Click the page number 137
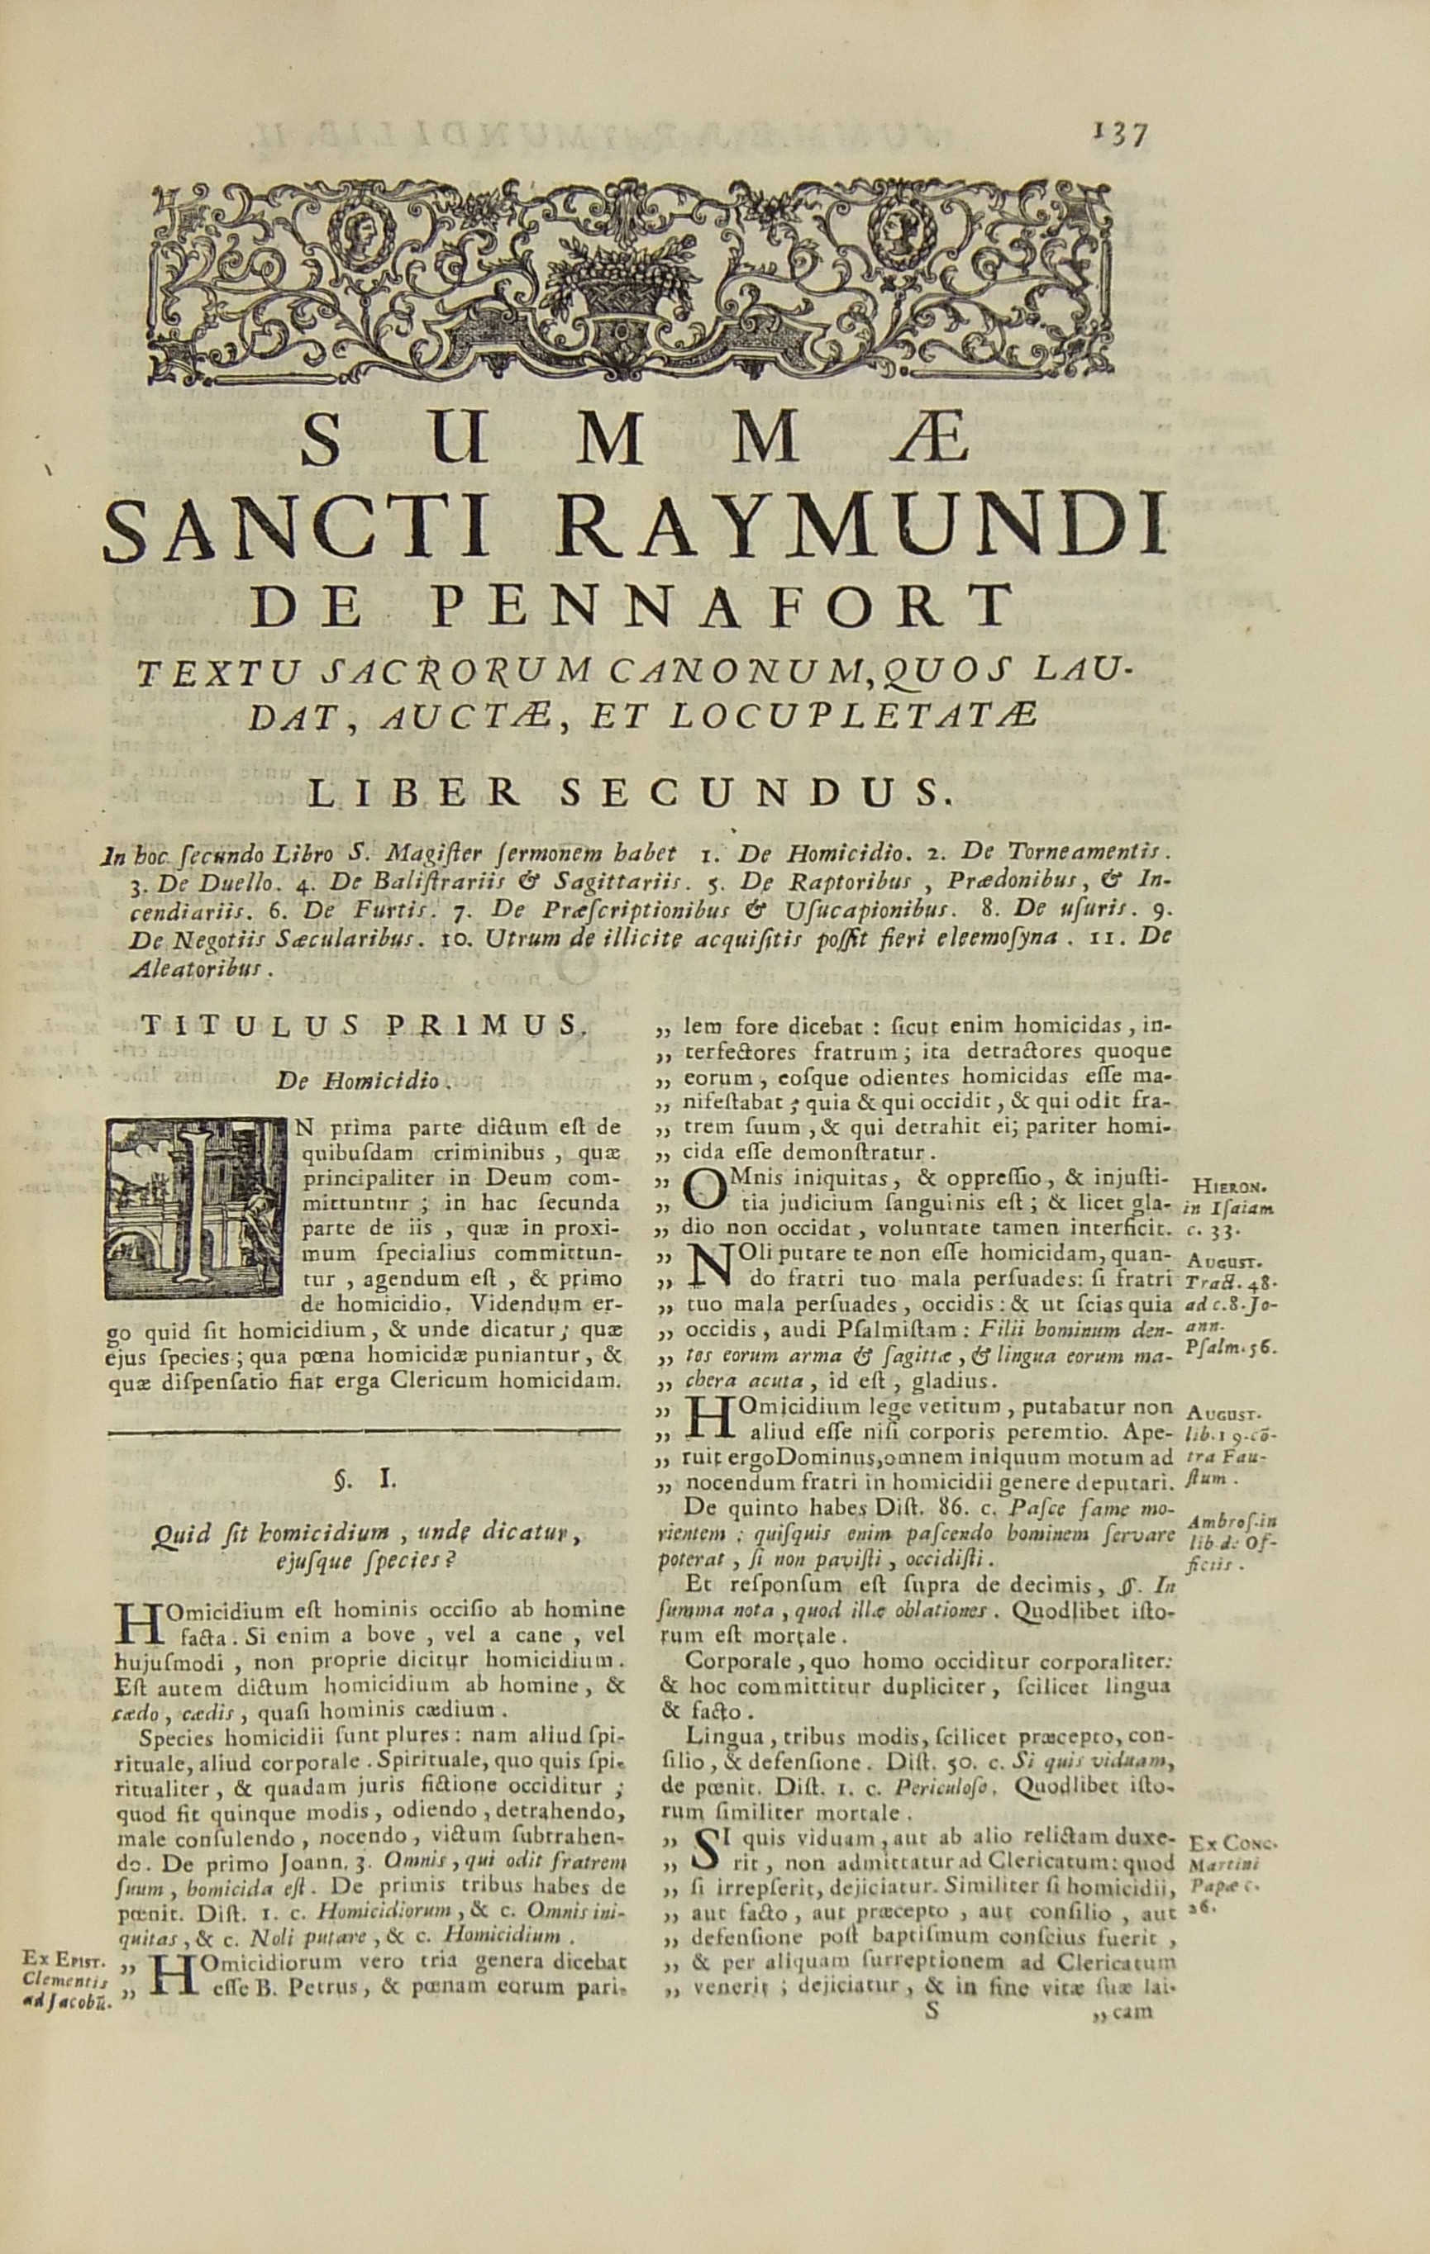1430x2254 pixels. coord(1121,136)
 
